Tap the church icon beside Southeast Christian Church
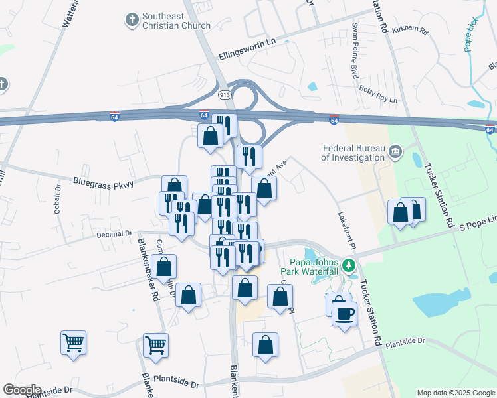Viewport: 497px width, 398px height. (132, 20)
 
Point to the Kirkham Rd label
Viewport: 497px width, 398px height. (411, 31)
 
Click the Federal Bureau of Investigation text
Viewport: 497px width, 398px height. (353, 153)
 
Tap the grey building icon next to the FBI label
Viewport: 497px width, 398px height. (396, 153)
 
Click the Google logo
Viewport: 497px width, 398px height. (21, 390)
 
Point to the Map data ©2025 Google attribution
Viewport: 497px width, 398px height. (456, 393)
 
